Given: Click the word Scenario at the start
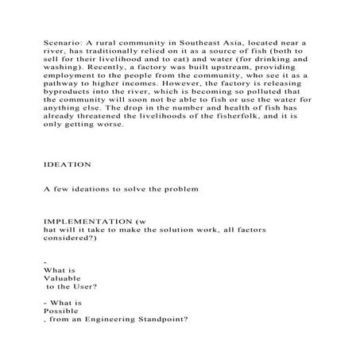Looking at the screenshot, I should [x=59, y=41].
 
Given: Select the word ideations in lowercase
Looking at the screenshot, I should [x=89, y=191].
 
